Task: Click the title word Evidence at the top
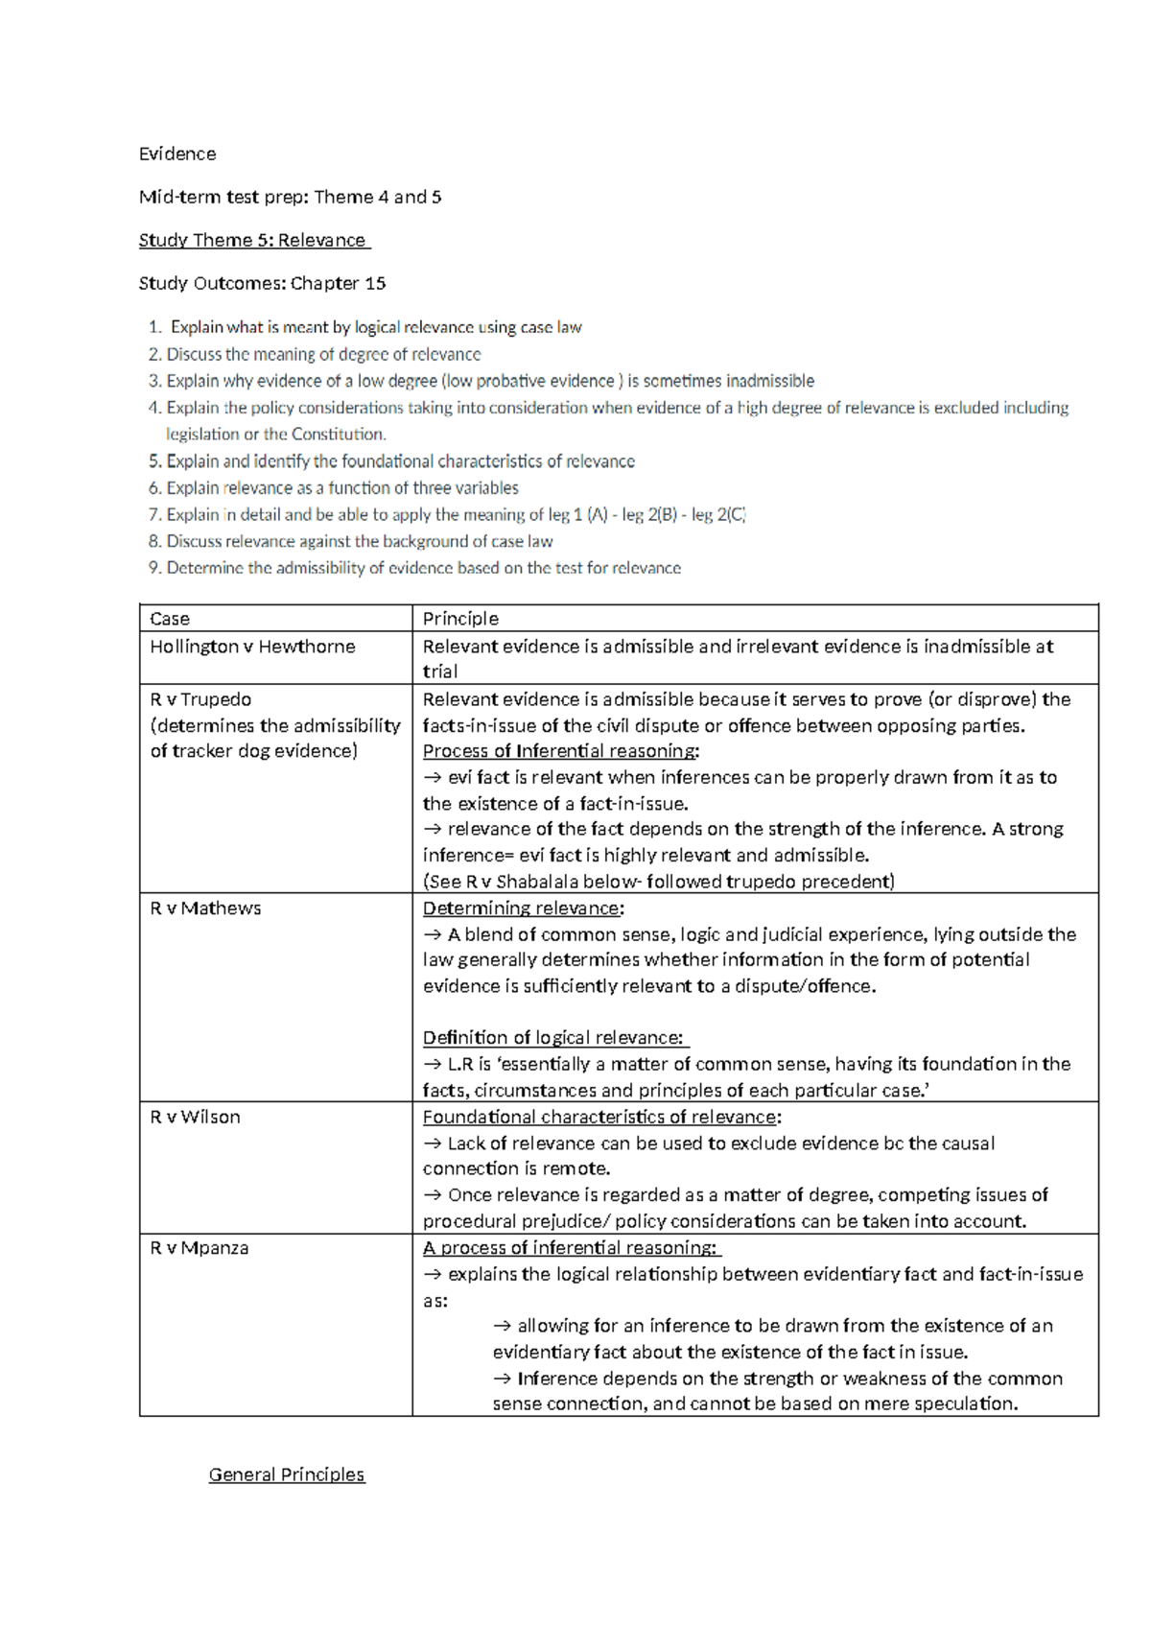tap(177, 153)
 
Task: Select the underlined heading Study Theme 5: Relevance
tap(253, 240)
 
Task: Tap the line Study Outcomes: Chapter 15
tap(262, 283)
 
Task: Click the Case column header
tap(170, 619)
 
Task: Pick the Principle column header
tap(460, 619)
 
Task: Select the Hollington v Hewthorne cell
tap(252, 647)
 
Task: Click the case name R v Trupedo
tap(200, 699)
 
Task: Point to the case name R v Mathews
tap(205, 908)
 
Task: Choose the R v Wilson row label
tap(195, 1117)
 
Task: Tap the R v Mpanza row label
tap(199, 1248)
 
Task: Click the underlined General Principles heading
tap(287, 1474)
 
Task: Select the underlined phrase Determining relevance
tap(522, 908)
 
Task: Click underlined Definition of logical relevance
tap(553, 1038)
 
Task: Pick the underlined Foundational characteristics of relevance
tap(600, 1117)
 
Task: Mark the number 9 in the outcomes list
tap(154, 568)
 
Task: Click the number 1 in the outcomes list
tap(154, 327)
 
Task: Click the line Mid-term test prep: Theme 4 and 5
tap(290, 197)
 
